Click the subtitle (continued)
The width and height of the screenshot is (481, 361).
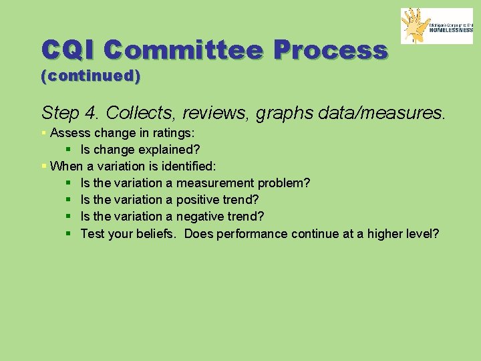(x=91, y=76)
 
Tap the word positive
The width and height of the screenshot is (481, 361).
(x=202, y=199)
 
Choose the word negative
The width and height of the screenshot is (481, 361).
(x=204, y=216)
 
